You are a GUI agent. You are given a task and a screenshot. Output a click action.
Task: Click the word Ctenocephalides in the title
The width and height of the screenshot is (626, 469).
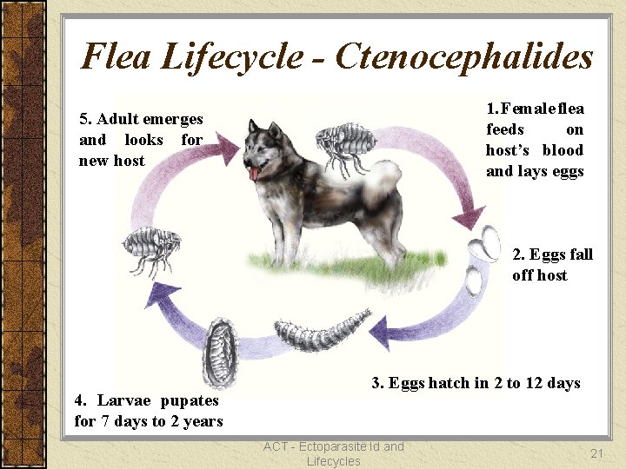[x=464, y=57]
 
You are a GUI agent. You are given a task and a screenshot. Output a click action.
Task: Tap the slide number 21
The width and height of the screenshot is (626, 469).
[x=596, y=453]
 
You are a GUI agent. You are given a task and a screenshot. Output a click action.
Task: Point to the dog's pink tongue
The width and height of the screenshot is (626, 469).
[x=254, y=173]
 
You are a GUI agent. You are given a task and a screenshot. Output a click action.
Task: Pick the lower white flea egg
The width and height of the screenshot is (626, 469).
[x=476, y=281]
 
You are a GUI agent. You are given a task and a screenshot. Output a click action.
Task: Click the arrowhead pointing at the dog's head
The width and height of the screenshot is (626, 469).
[x=228, y=148]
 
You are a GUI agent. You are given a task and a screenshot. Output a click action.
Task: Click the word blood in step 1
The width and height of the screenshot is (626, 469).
[x=563, y=150]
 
